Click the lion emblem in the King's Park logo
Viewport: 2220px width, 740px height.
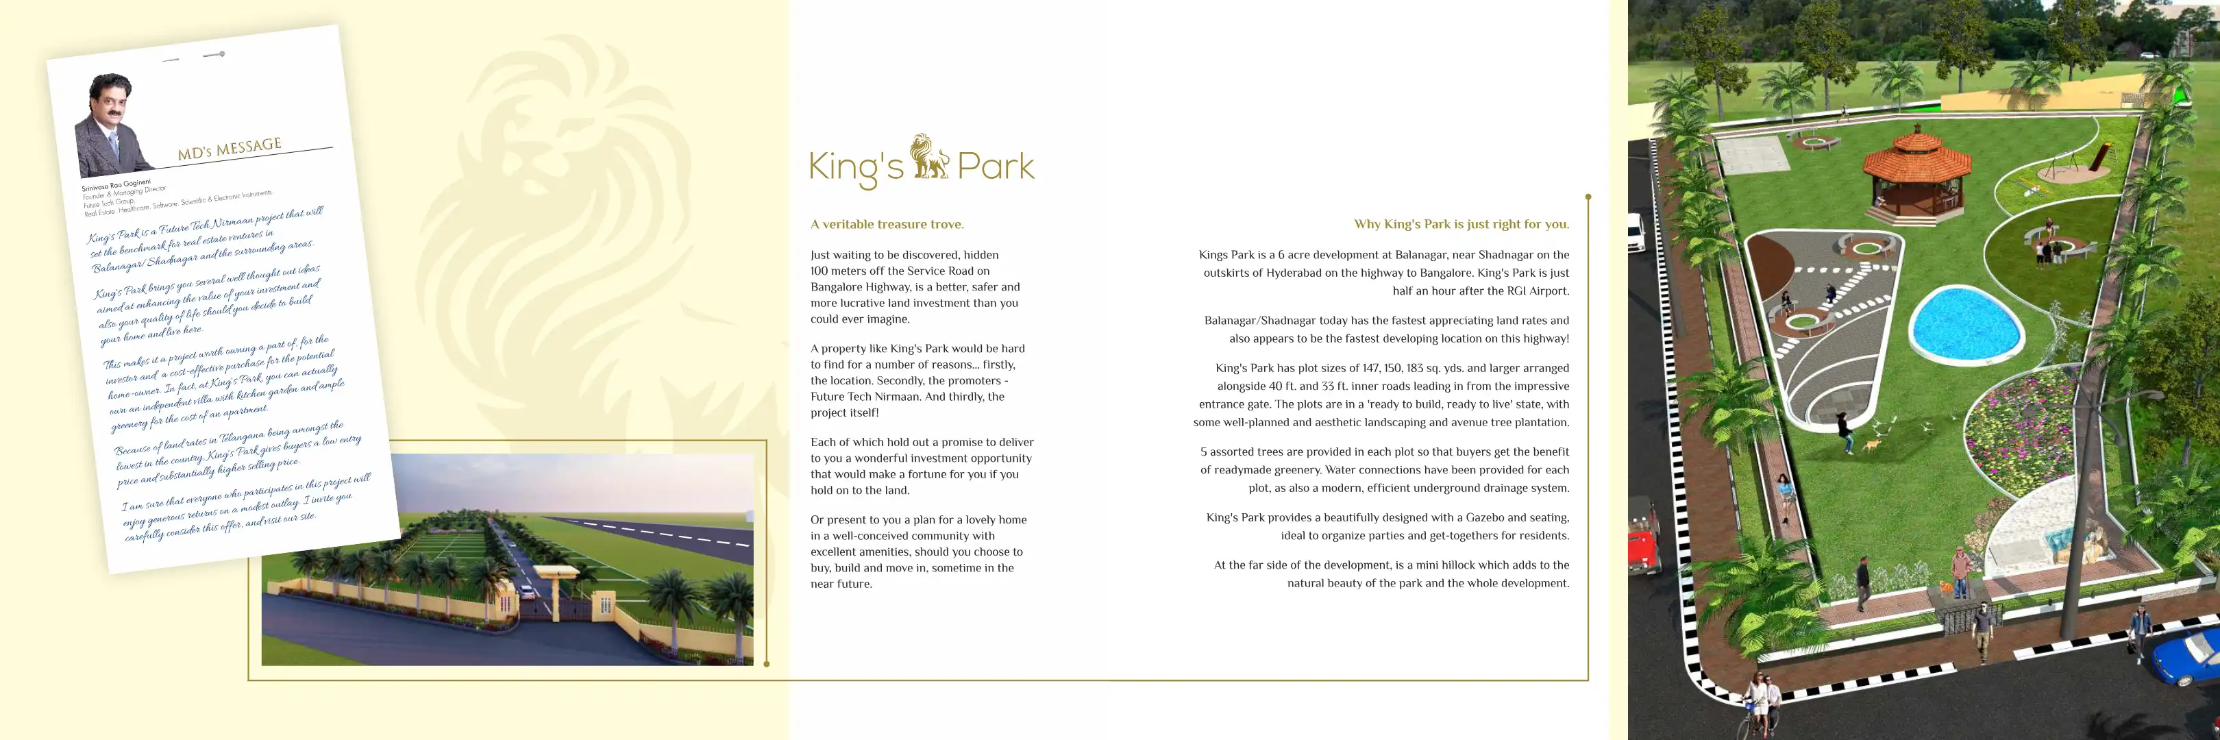(929, 157)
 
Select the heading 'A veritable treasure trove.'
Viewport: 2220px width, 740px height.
(887, 224)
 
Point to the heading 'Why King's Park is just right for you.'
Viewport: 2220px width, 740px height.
(1461, 224)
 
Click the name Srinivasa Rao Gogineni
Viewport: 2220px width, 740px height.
(116, 184)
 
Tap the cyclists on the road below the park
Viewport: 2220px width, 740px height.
(1758, 702)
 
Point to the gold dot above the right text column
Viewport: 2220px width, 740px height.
(1588, 197)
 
